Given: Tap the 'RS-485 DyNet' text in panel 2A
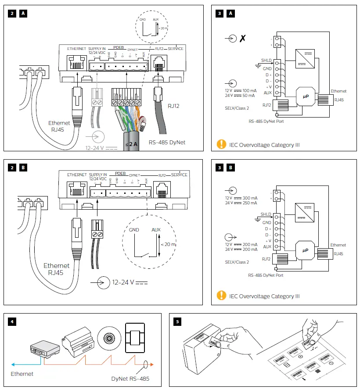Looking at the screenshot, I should pos(166,142).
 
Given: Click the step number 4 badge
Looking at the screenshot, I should pos(12,321).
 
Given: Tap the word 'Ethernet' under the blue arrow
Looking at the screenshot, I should pos(22,374).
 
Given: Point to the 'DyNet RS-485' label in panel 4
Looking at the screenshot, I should pos(130,378).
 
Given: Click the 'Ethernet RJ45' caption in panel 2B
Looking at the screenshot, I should pos(56,269).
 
